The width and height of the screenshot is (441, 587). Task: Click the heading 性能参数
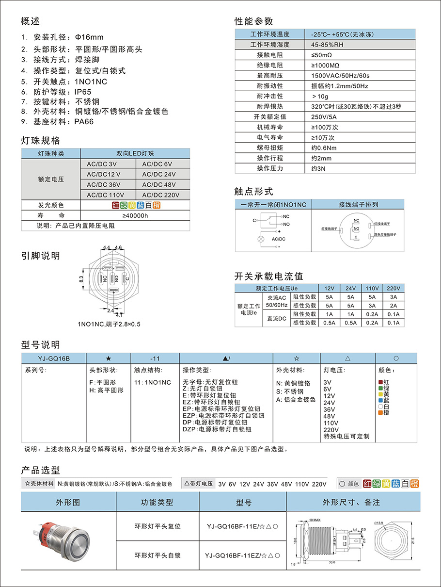coord(254,21)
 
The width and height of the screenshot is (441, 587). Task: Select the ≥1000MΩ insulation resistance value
coord(325,65)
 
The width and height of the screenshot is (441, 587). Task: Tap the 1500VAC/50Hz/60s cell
coord(340,76)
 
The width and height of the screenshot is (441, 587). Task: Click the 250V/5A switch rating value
coord(324,117)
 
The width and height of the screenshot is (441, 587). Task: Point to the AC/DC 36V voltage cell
coord(103,185)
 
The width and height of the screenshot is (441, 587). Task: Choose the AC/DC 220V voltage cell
coord(161,195)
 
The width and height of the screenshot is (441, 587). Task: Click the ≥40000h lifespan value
coord(135,216)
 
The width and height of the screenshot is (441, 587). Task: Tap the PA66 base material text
coord(84,122)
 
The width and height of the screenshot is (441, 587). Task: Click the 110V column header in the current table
coord(372,288)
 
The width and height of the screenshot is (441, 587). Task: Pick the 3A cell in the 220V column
coord(393,297)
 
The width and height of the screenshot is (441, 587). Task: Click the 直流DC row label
coord(276,319)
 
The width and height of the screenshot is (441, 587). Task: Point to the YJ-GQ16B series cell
coord(54,359)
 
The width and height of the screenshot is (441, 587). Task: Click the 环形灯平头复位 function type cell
coord(157,526)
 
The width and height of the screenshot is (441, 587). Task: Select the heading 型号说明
coord(41,345)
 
